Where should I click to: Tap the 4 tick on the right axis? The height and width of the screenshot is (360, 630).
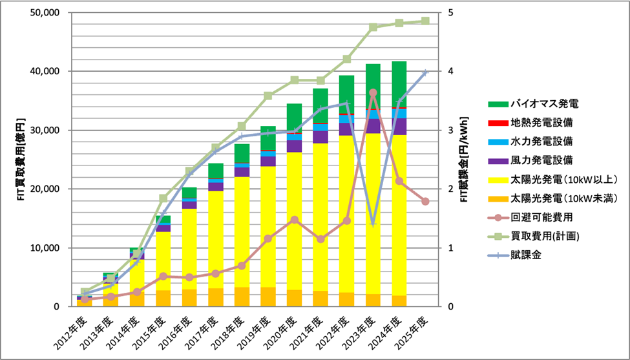(450, 72)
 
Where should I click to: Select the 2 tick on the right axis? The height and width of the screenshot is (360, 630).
(450, 189)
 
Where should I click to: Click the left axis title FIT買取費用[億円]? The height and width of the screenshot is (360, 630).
(20, 160)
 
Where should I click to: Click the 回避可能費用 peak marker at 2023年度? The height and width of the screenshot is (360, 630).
(373, 93)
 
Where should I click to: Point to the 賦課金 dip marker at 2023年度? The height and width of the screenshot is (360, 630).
(373, 223)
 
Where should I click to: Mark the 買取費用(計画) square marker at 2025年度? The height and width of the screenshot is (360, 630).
(425, 21)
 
